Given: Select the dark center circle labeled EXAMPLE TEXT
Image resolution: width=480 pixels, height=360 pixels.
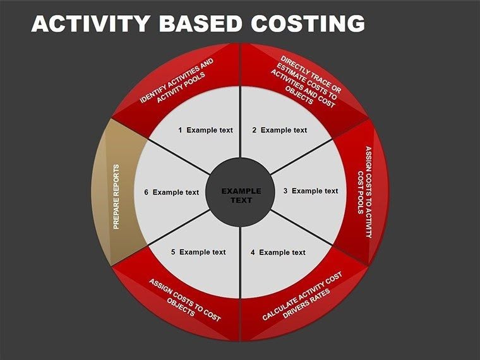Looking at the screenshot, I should [240, 195].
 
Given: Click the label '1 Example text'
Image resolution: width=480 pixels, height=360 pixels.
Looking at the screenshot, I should [205, 130].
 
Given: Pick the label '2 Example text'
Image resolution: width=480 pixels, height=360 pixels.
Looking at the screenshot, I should [279, 130].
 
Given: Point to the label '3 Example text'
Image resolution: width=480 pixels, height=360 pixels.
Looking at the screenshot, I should [310, 191].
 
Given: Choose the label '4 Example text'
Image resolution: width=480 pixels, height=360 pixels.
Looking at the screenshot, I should [278, 253].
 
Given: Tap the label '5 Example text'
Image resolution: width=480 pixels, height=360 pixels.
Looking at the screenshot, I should [198, 252].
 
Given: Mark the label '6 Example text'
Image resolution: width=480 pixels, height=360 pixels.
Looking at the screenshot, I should [171, 193].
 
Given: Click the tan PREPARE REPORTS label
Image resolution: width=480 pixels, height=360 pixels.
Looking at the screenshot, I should [116, 196].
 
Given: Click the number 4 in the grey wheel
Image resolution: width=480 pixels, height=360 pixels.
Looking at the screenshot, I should [253, 253].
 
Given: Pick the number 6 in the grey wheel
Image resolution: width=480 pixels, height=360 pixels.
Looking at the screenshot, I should [146, 193].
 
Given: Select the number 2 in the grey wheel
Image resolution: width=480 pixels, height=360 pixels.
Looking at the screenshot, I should [254, 130].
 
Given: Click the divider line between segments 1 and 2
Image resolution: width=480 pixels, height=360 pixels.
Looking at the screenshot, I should [240, 120].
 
